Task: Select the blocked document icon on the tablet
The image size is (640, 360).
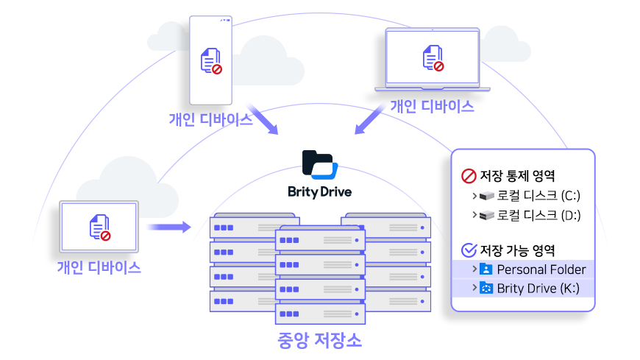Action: pos(99,227)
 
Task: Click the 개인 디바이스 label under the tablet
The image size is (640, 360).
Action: pos(99,267)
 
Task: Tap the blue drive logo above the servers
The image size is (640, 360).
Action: pos(323,169)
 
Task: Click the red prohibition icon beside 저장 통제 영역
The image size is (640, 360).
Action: pos(468,176)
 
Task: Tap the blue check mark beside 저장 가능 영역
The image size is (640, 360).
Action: pos(468,250)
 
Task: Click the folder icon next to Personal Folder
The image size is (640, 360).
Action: pos(486,269)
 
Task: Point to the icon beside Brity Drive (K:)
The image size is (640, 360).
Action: pos(486,288)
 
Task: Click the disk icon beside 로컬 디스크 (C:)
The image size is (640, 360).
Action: pos(486,196)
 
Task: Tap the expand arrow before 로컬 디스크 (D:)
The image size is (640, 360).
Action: pos(474,215)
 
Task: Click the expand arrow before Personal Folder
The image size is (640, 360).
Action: pos(474,269)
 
